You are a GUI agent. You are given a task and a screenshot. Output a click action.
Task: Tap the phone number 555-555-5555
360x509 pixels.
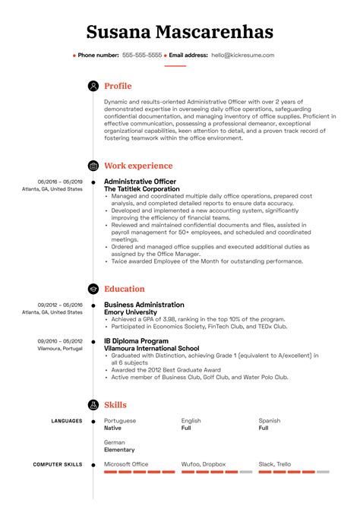pyautogui.click(x=142, y=55)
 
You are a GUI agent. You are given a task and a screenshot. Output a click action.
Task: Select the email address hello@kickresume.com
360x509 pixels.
pyautogui.click(x=243, y=55)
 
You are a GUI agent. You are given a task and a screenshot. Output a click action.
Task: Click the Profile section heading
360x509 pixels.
pyautogui.click(x=118, y=87)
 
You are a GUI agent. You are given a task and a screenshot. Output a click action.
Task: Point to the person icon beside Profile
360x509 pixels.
pyautogui.click(x=93, y=87)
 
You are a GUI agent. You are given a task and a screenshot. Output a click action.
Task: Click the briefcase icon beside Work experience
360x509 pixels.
pyautogui.click(x=93, y=166)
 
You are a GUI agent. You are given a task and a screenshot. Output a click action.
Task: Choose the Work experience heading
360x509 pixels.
pyautogui.click(x=138, y=166)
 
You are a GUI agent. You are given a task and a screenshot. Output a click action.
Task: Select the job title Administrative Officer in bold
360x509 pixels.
pyautogui.click(x=140, y=182)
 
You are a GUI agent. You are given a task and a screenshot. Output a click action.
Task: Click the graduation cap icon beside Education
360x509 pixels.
pyautogui.click(x=93, y=289)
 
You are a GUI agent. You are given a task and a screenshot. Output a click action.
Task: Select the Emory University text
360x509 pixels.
pyautogui.click(x=131, y=312)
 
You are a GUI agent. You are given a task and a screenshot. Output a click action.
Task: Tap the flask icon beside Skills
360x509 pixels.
pyautogui.click(x=93, y=405)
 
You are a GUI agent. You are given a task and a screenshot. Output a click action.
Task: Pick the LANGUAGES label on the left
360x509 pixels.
pyautogui.click(x=67, y=421)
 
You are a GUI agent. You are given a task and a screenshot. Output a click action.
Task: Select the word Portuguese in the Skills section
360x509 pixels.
pyautogui.click(x=120, y=421)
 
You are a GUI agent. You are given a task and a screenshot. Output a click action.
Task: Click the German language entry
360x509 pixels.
pyautogui.click(x=115, y=442)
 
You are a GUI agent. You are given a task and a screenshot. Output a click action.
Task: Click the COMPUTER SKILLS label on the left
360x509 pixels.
pyautogui.click(x=58, y=464)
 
